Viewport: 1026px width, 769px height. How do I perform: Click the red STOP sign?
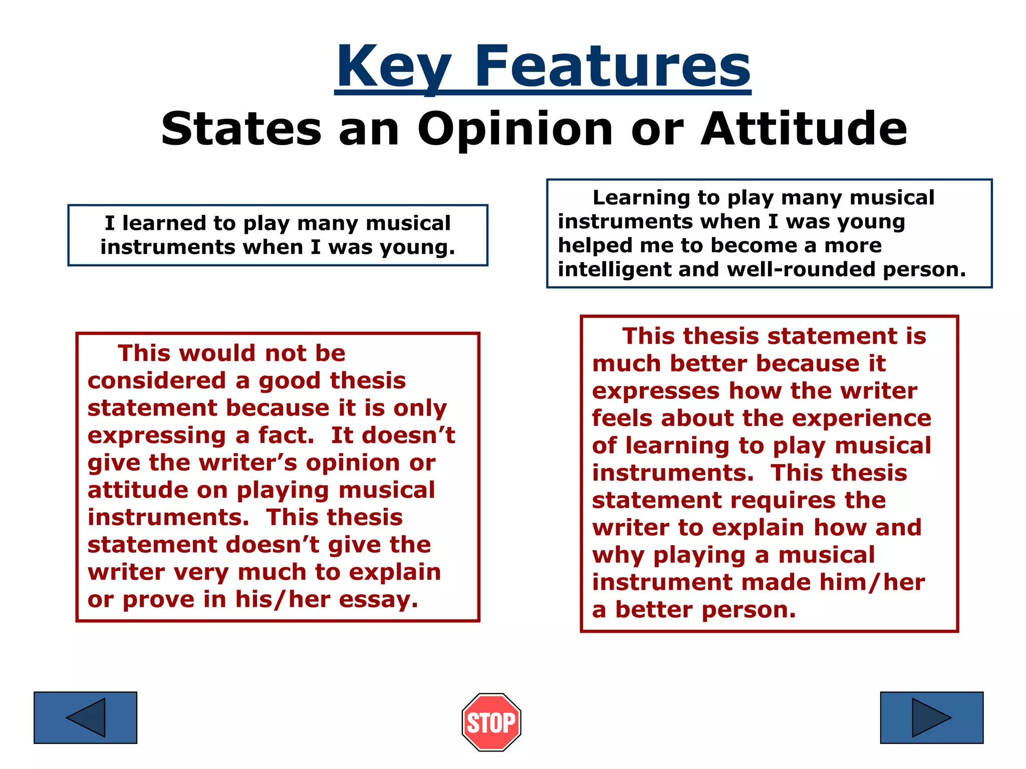point(491,722)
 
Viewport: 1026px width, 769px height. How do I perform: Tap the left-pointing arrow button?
point(85,717)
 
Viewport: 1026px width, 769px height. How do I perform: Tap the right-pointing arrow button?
point(931,717)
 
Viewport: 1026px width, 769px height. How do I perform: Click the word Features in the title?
point(612,67)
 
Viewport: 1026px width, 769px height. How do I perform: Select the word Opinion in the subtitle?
point(516,129)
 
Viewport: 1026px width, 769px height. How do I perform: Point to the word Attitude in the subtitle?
point(804,129)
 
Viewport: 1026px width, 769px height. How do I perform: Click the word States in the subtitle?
point(241,129)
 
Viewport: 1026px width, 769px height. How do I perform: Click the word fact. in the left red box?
point(286,435)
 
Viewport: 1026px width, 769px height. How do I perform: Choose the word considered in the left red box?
point(156,380)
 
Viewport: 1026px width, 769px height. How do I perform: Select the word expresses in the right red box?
point(655,391)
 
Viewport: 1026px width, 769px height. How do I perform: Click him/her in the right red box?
point(872,582)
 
